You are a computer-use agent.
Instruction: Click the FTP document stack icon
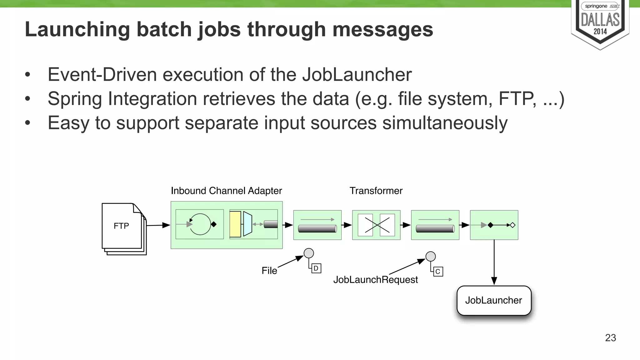(123, 228)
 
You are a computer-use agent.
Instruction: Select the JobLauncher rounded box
(494, 300)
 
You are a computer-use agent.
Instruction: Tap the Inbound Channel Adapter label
(226, 191)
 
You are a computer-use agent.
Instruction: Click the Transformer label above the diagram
(376, 191)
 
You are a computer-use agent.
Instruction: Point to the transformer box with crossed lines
(376, 225)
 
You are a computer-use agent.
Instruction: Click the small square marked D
(316, 268)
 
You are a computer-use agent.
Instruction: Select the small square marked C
(438, 272)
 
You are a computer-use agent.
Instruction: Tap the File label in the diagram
(269, 271)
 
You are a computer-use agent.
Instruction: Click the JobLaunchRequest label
(375, 279)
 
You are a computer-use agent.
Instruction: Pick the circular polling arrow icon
(200, 224)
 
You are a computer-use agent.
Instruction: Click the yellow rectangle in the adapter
(235, 224)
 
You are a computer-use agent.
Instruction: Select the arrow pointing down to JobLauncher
(494, 262)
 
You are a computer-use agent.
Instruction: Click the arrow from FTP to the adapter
(158, 225)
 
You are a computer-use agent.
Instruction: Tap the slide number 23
(610, 338)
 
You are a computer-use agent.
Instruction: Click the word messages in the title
(382, 29)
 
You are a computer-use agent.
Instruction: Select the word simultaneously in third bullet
(445, 123)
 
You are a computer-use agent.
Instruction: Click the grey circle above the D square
(309, 253)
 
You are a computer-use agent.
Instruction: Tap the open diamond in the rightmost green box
(512, 225)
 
